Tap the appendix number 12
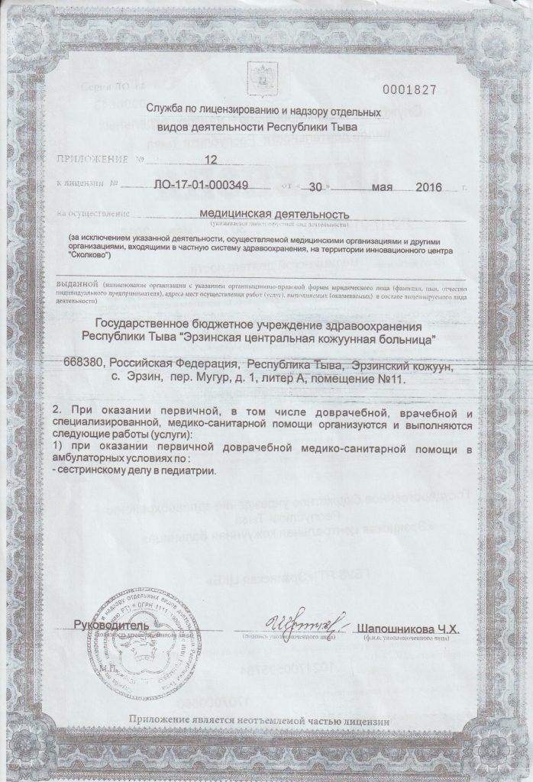pyautogui.click(x=212, y=160)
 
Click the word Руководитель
pyautogui.click(x=105, y=625)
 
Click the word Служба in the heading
pyautogui.click(x=171, y=112)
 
